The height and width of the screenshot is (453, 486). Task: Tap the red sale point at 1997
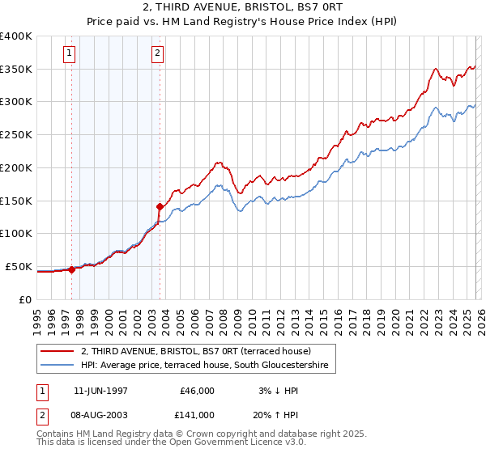[71, 269]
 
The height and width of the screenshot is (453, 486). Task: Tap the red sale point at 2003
[160, 206]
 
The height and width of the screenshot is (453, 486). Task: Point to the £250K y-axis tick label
[16, 134]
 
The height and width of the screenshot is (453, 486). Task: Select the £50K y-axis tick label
[19, 266]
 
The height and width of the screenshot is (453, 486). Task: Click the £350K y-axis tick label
[16, 69]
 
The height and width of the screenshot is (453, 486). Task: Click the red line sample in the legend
[57, 350]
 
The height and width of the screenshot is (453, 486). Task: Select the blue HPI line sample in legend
[57, 366]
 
